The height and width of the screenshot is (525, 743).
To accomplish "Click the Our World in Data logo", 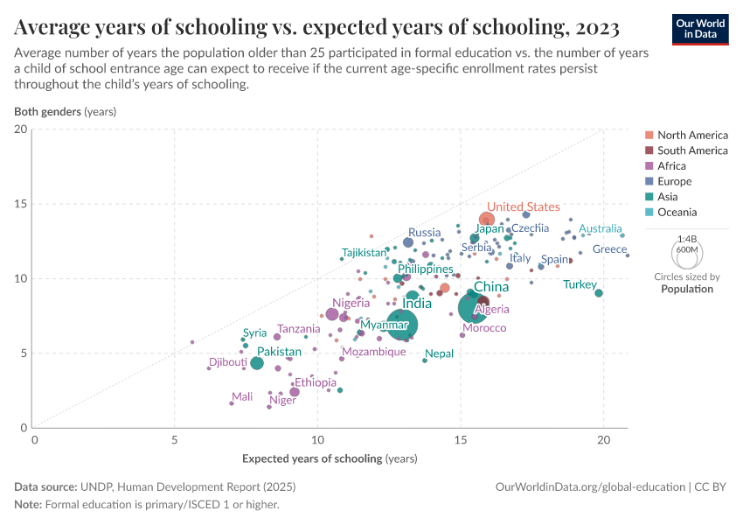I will pos(700,28).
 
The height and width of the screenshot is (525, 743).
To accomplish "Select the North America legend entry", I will pos(692,135).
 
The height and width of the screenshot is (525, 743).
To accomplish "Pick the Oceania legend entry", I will pos(677,212).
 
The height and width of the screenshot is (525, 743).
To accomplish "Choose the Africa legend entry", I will pos(671,165).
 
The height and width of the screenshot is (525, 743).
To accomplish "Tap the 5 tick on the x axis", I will pos(175,441).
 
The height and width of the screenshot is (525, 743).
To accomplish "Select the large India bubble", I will pos(402,325).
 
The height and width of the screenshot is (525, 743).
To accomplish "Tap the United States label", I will pos(524,206).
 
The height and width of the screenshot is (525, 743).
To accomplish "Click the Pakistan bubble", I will pos(257,363).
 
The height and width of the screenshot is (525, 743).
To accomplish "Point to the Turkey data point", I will pos(599,293).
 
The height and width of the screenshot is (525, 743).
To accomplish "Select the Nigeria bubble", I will pos(332,314).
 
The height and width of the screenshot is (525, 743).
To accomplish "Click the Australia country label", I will pos(601,228).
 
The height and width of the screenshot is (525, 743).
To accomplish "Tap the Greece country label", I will pos(609,249).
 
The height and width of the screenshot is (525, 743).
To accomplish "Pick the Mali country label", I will pos(242,396).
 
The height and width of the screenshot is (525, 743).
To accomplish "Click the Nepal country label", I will pos(440,353).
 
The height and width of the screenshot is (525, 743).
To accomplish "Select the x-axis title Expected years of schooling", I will pos(330,458).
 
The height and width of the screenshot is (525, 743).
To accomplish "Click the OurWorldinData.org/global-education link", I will pos(590,486).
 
